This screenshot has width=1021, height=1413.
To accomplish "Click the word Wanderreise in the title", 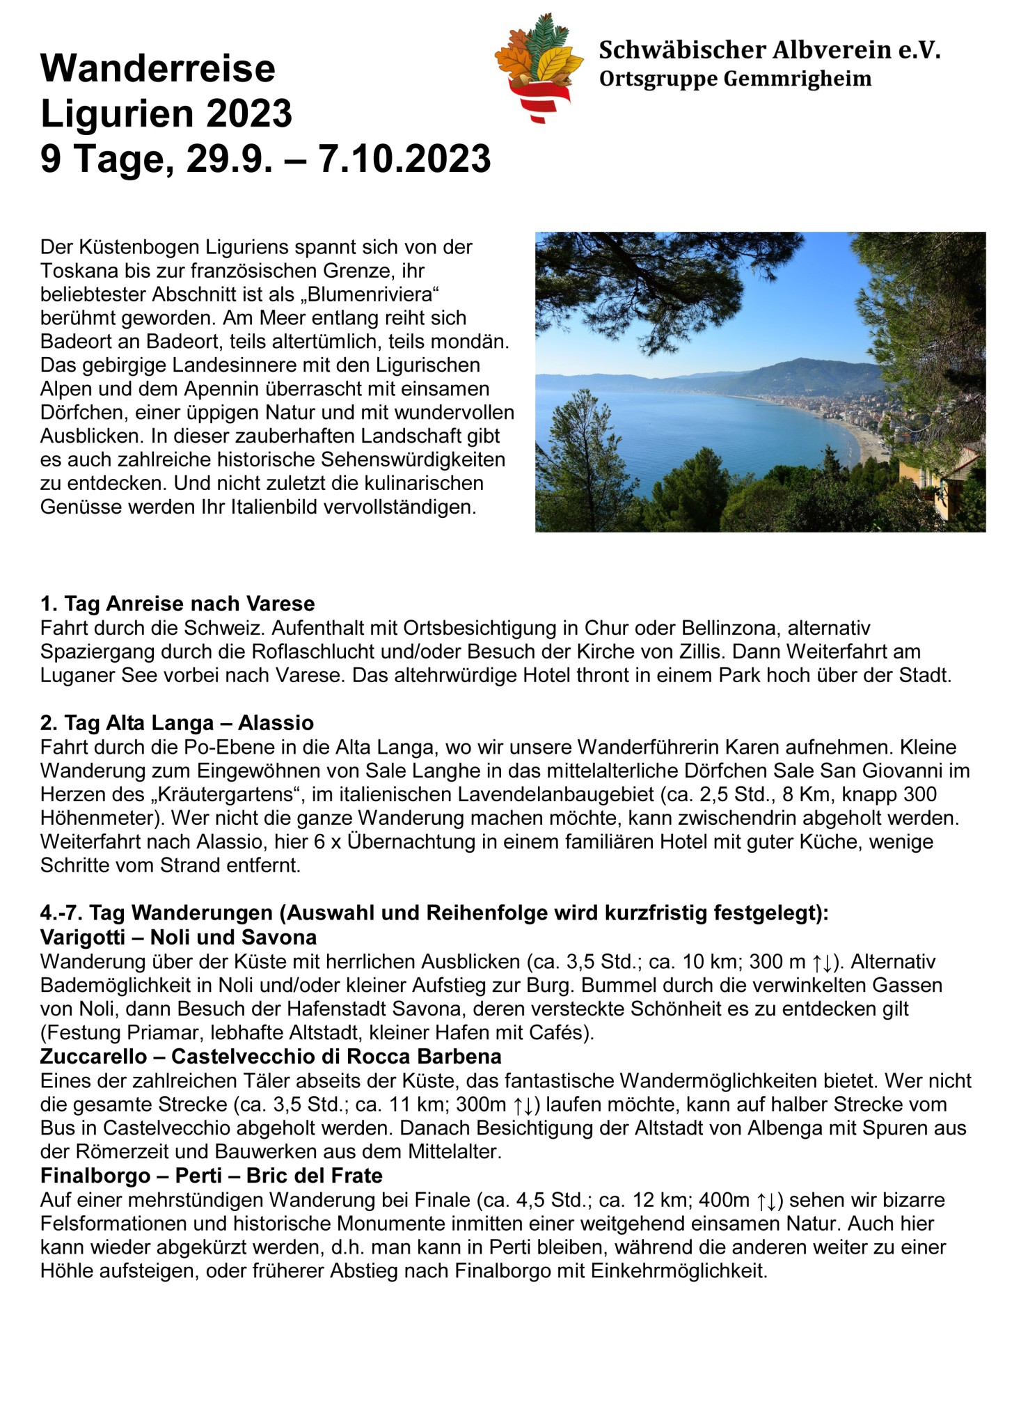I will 158,68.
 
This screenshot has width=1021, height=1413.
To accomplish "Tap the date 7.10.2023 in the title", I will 404,159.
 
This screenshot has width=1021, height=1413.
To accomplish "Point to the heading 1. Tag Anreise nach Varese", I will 177,603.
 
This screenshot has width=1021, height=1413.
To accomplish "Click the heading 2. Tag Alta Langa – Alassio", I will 177,723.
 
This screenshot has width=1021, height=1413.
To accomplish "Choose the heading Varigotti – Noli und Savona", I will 178,937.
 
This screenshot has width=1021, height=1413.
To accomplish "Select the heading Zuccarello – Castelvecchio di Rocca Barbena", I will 271,1056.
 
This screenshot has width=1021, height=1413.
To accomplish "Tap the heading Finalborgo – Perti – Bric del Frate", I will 212,1176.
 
